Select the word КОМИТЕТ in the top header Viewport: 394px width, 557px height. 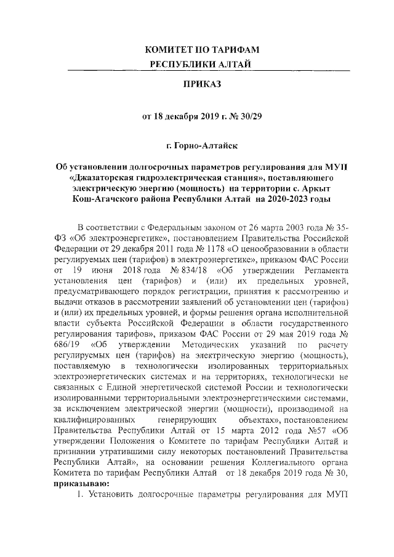[x=174, y=49]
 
